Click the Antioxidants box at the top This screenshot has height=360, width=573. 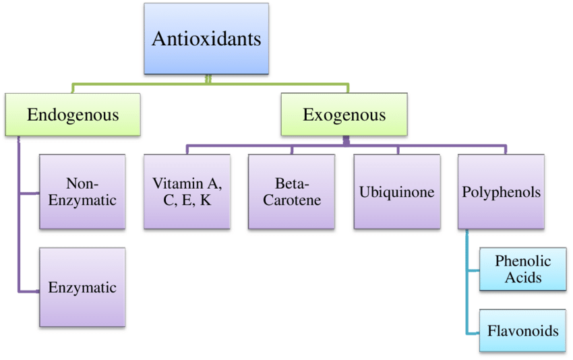pos(206,38)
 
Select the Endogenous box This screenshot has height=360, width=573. pos(73,115)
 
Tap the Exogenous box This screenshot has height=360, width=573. pos(344,115)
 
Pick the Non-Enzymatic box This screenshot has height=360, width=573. pos(82,191)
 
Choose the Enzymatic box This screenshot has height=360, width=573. pos(82,287)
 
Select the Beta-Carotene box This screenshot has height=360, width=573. pos(291,191)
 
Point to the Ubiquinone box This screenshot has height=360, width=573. pos(396,191)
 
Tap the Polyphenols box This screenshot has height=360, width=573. pos(501,191)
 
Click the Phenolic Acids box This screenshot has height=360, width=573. pos(522,269)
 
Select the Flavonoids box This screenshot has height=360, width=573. pos(522,331)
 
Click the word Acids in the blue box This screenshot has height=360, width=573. pos(522,277)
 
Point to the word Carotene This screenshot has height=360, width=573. pos(291,200)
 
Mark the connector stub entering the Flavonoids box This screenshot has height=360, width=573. pos(473,333)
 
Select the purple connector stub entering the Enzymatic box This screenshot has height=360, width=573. pos(30,291)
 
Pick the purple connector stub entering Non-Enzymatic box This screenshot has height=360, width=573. pos(30,194)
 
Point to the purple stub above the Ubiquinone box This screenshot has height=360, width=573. pos(398,149)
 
